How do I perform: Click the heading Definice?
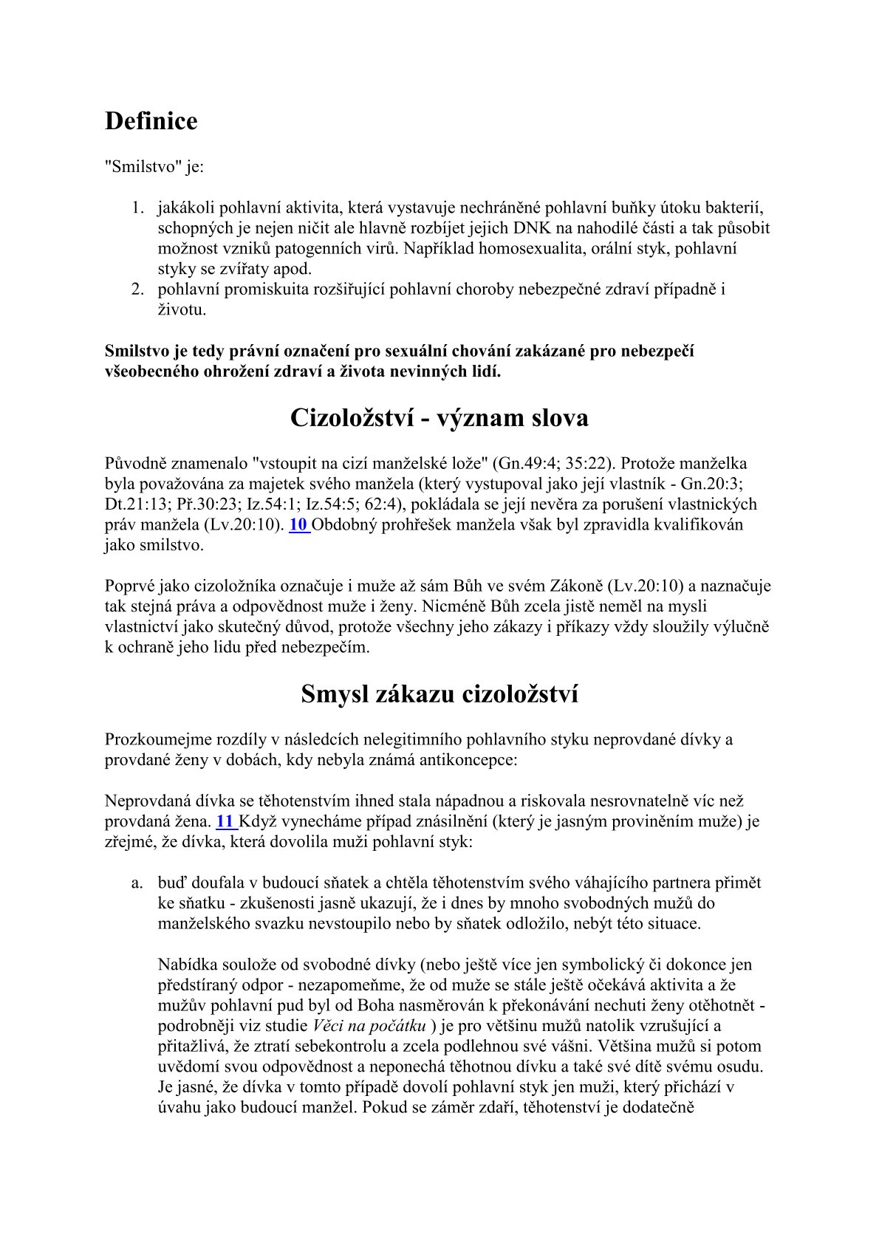click(x=151, y=121)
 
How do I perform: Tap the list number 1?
click(x=137, y=208)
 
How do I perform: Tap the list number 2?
click(x=137, y=289)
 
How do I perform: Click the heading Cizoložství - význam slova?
click(x=439, y=418)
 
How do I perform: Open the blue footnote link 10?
click(x=298, y=525)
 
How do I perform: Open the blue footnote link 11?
click(x=225, y=821)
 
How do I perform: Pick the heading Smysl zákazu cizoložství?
click(x=439, y=694)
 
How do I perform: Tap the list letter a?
click(x=136, y=883)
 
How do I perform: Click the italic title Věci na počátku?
click(x=369, y=1026)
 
